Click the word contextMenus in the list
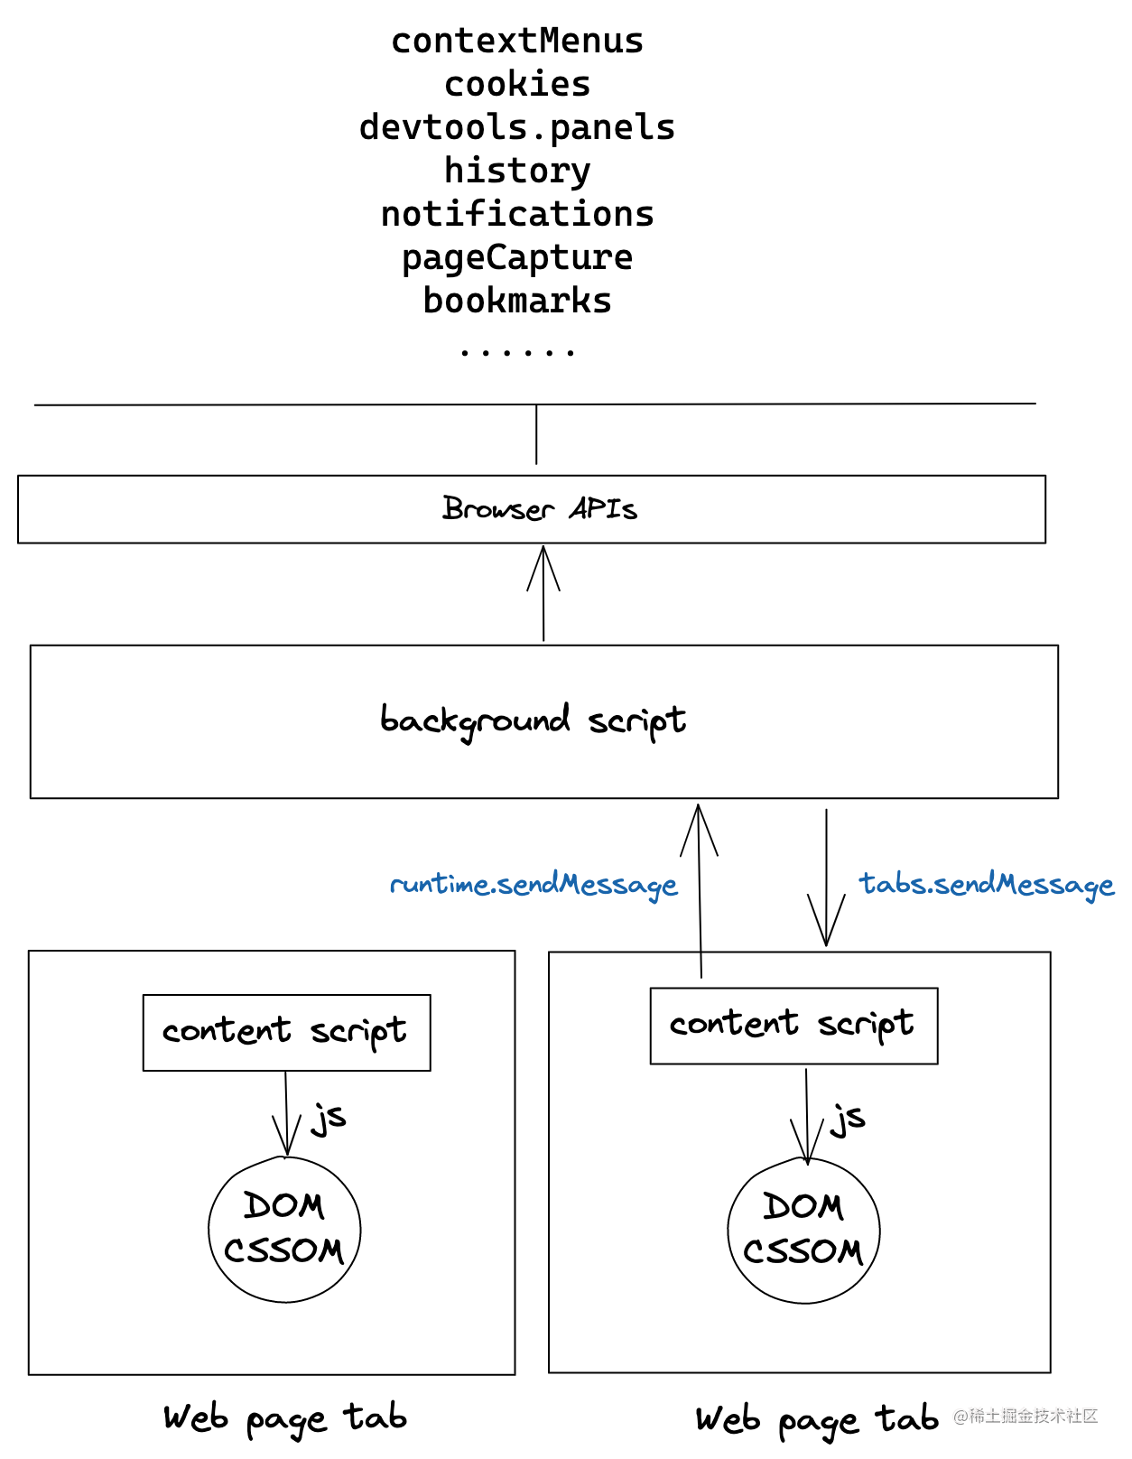[517, 42]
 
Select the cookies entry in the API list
[517, 85]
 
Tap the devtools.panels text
[517, 128]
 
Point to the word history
[517, 171]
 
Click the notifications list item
[517, 215]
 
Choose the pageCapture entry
[517, 258]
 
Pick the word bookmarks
[517, 302]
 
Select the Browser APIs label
[540, 509]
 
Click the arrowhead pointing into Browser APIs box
[543, 564]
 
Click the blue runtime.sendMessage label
[534, 885]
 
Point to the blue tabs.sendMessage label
[986, 885]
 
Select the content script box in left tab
[286, 1033]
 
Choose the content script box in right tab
[793, 1026]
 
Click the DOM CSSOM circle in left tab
[284, 1230]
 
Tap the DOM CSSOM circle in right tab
[803, 1231]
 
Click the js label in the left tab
[329, 1118]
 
